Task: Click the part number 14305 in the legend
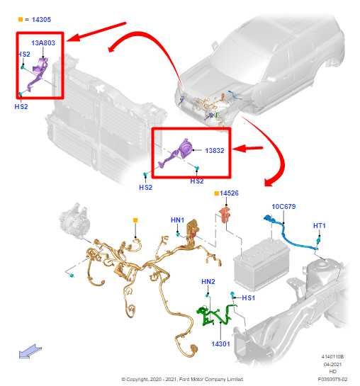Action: click(40, 20)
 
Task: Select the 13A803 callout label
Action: click(43, 42)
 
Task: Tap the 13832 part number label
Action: click(216, 151)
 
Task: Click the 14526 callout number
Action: click(229, 193)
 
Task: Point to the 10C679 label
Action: click(283, 207)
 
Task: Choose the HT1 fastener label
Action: click(320, 225)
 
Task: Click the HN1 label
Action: click(177, 220)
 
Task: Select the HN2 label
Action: click(208, 282)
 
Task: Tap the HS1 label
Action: click(248, 298)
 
